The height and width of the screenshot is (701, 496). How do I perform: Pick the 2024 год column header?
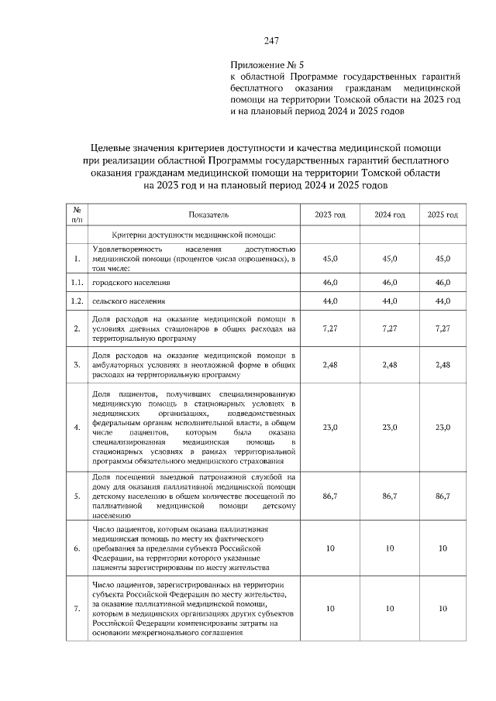[390, 215]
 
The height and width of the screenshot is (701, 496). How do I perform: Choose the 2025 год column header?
[443, 215]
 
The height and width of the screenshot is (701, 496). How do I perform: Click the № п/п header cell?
[77, 215]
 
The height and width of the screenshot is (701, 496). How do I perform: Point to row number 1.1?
[77, 284]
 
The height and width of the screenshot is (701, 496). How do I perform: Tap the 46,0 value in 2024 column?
[390, 284]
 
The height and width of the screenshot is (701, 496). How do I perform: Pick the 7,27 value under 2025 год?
[443, 328]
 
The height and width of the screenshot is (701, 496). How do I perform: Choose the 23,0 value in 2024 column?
[390, 427]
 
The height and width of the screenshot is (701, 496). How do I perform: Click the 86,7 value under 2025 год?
[443, 493]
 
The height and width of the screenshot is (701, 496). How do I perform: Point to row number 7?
[77, 609]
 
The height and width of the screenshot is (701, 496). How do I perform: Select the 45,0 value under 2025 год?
[443, 259]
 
